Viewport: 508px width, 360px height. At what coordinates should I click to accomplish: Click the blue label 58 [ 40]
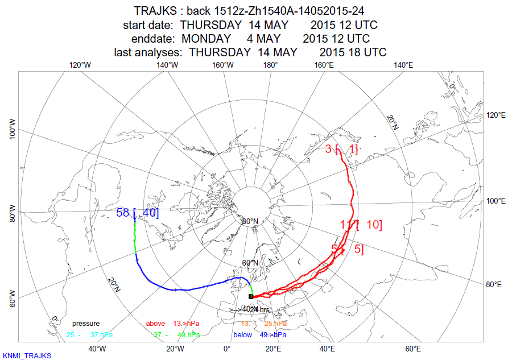pos(137,213)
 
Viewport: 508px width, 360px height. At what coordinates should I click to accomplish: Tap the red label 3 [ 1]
pos(341,150)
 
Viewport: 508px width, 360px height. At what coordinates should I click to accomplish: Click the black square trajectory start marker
pos(251,296)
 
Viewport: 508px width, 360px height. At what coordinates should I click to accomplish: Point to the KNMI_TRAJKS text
pos(27,355)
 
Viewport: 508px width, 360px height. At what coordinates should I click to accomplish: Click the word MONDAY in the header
pos(206,39)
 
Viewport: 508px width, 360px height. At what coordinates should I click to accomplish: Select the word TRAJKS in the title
pos(155,11)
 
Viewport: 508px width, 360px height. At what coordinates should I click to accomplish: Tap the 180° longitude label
pos(270,65)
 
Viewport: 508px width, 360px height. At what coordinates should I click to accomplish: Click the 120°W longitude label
pos(80,65)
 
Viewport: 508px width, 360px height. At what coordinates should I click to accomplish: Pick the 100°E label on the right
pos(495,201)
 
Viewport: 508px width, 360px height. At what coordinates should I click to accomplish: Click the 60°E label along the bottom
pos(413,349)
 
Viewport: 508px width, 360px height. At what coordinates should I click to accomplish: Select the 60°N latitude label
pos(250,263)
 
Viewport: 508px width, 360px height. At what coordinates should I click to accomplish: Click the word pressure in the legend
pos(85,324)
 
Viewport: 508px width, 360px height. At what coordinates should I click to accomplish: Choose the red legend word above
pos(155,324)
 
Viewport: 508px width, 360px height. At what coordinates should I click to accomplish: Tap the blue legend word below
pos(242,335)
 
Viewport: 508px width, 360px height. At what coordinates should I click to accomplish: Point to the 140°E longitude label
pos(403,65)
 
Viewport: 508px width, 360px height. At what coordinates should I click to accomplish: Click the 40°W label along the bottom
pos(97,349)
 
